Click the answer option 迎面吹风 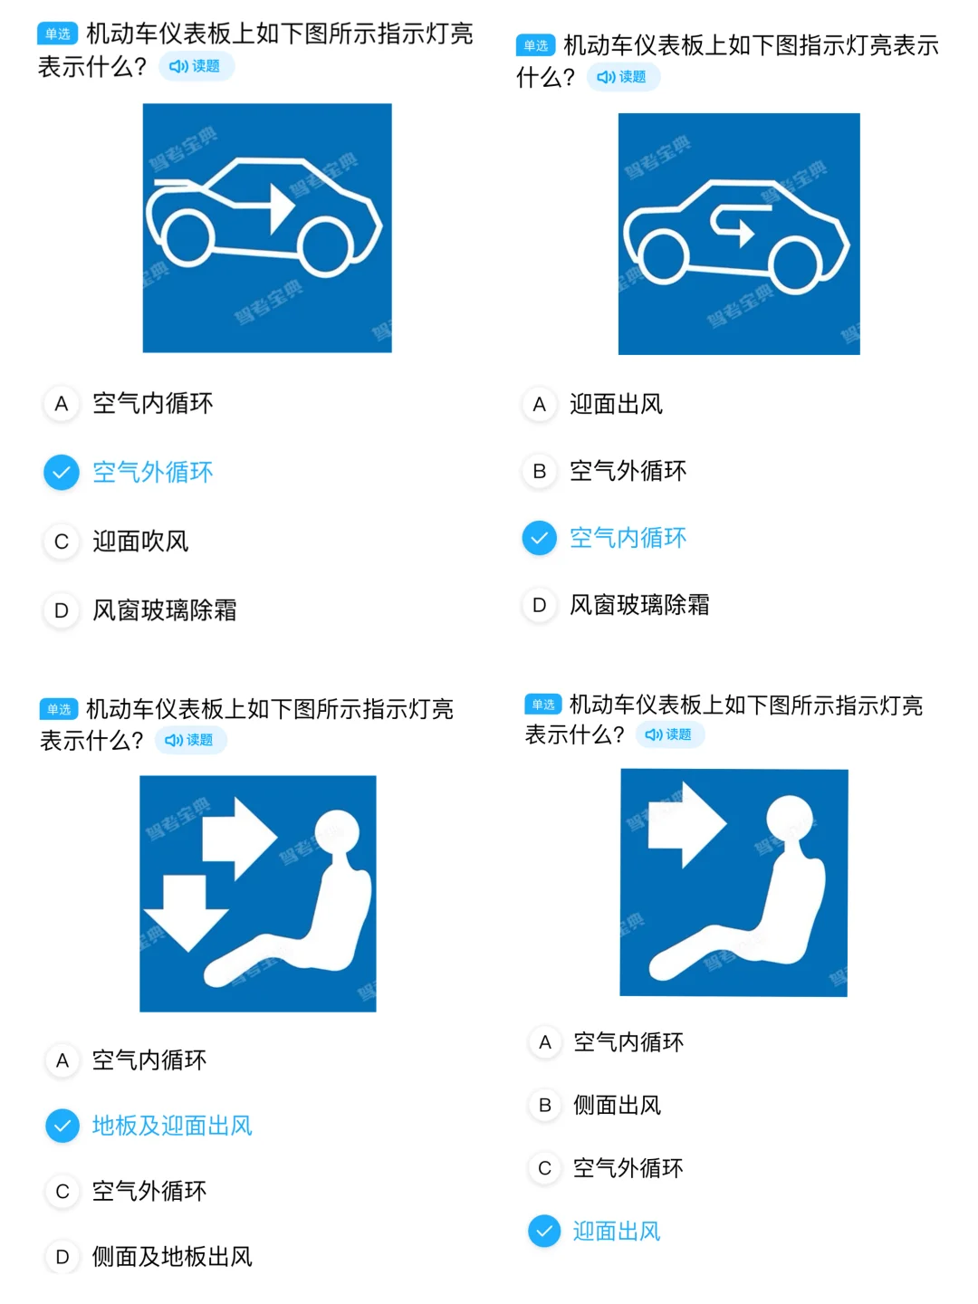[x=140, y=542]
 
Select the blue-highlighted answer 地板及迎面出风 [x=172, y=1126]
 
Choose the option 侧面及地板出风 [x=172, y=1257]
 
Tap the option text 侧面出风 [x=617, y=1105]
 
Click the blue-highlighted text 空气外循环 [x=153, y=472]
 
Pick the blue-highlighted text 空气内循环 [x=628, y=538]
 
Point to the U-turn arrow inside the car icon [x=735, y=225]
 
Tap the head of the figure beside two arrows [x=337, y=830]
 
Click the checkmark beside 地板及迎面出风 [x=62, y=1126]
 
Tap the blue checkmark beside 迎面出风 [x=544, y=1231]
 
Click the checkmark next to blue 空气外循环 [x=62, y=472]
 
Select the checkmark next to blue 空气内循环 [x=539, y=538]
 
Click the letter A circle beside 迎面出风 [x=539, y=405]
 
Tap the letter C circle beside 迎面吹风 [x=62, y=542]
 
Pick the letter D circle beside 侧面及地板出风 [x=62, y=1257]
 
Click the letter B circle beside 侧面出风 [x=544, y=1105]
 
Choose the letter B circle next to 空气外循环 [x=539, y=471]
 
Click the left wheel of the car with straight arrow [x=187, y=237]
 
